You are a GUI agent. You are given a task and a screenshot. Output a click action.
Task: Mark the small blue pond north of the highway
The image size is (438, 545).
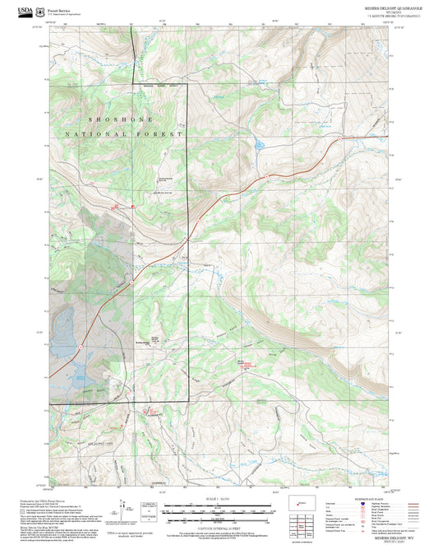pos(259,147)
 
